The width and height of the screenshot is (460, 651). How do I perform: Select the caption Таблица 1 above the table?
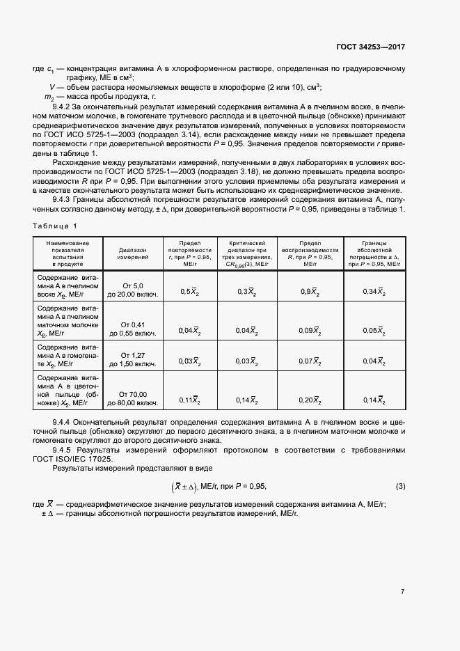pyautogui.click(x=56, y=226)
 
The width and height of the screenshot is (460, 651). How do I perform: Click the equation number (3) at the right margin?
pyautogui.click(x=400, y=485)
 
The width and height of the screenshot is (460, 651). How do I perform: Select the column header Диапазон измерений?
pyautogui.click(x=132, y=253)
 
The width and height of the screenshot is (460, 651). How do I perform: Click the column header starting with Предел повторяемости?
pyautogui.click(x=189, y=253)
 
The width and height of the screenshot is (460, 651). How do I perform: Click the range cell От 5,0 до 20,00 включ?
pyautogui.click(x=132, y=290)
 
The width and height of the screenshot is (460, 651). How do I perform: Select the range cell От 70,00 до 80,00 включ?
pyautogui.click(x=132, y=398)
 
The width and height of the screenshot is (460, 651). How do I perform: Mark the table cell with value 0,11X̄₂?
pyautogui.click(x=189, y=400)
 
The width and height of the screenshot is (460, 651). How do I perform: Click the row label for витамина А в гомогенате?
pyautogui.click(x=68, y=355)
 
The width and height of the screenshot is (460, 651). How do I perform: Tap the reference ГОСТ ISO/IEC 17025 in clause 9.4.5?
pyautogui.click(x=87, y=460)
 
